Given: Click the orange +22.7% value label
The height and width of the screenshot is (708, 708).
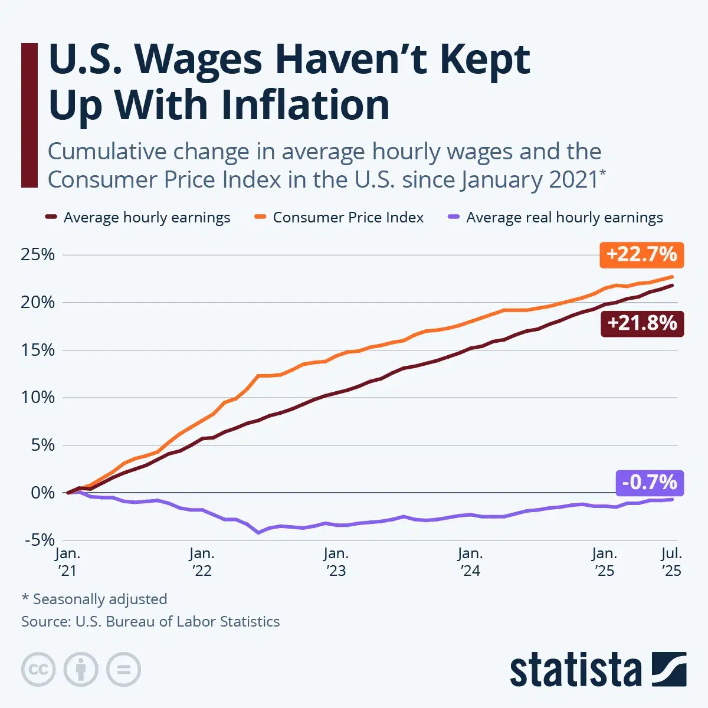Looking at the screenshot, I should click(641, 254).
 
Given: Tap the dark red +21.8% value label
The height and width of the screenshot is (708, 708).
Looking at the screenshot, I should click(642, 323).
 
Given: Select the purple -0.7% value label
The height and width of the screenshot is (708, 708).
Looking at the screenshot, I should click(649, 483).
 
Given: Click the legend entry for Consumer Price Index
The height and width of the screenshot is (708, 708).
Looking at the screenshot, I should click(348, 218).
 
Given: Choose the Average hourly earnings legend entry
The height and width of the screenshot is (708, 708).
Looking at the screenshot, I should click(146, 218).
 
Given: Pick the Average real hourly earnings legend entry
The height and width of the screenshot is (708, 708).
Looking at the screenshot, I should click(564, 218).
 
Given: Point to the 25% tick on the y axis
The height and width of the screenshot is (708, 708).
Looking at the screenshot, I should click(38, 255).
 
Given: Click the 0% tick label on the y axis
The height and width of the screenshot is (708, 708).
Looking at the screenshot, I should click(42, 493).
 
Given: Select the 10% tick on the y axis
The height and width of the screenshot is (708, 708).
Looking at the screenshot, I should click(38, 397).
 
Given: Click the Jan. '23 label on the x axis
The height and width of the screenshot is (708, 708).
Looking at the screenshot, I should click(336, 562).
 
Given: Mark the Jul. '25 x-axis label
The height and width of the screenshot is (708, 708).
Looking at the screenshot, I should click(671, 562).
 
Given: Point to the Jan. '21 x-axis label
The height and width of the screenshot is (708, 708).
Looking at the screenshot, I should click(67, 562).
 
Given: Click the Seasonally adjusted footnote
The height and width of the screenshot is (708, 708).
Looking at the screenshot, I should click(94, 599).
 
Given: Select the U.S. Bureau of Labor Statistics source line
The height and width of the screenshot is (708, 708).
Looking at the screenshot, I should click(150, 621).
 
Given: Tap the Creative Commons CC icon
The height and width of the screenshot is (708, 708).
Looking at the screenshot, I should click(38, 670).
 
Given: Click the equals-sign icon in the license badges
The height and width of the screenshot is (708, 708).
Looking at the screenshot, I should click(124, 670).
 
